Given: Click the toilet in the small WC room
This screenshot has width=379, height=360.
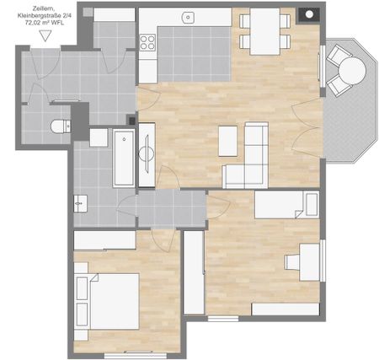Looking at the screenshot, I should [x=60, y=126].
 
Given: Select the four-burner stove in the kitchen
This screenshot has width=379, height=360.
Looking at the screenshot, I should [x=148, y=41].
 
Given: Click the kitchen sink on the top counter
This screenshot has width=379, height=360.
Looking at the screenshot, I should [x=189, y=17].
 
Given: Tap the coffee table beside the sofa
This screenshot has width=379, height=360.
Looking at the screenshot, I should [x=228, y=141].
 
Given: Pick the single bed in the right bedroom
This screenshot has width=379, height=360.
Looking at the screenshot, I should [x=285, y=204].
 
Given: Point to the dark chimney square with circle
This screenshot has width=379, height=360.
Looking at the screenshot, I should [x=308, y=14].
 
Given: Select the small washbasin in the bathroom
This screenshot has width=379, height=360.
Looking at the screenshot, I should [x=80, y=202].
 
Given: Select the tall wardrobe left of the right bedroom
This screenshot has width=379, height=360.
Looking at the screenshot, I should [x=194, y=273].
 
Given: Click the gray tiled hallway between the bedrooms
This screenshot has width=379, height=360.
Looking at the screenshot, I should [x=172, y=208].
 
